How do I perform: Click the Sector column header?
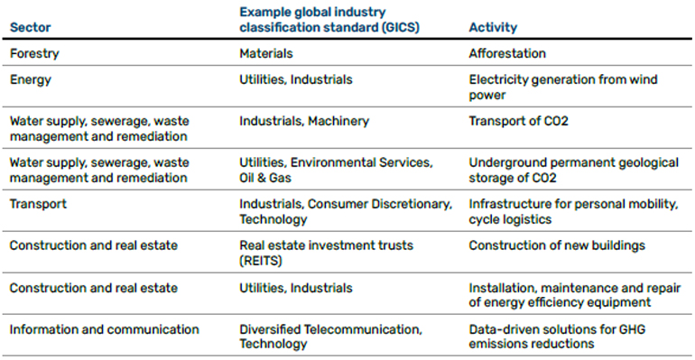30,27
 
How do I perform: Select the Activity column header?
493,27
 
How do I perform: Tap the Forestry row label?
34,53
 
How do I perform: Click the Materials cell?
266,53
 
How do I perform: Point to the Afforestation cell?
507,53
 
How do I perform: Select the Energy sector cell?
30,80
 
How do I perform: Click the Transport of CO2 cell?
518,121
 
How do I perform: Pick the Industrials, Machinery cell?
304,121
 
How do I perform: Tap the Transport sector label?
38,204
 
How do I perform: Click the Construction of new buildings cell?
557,245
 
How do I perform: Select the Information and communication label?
104,329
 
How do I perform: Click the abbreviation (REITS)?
261,261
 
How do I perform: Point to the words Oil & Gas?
265,178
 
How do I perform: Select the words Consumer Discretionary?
379,204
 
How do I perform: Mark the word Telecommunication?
364,329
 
